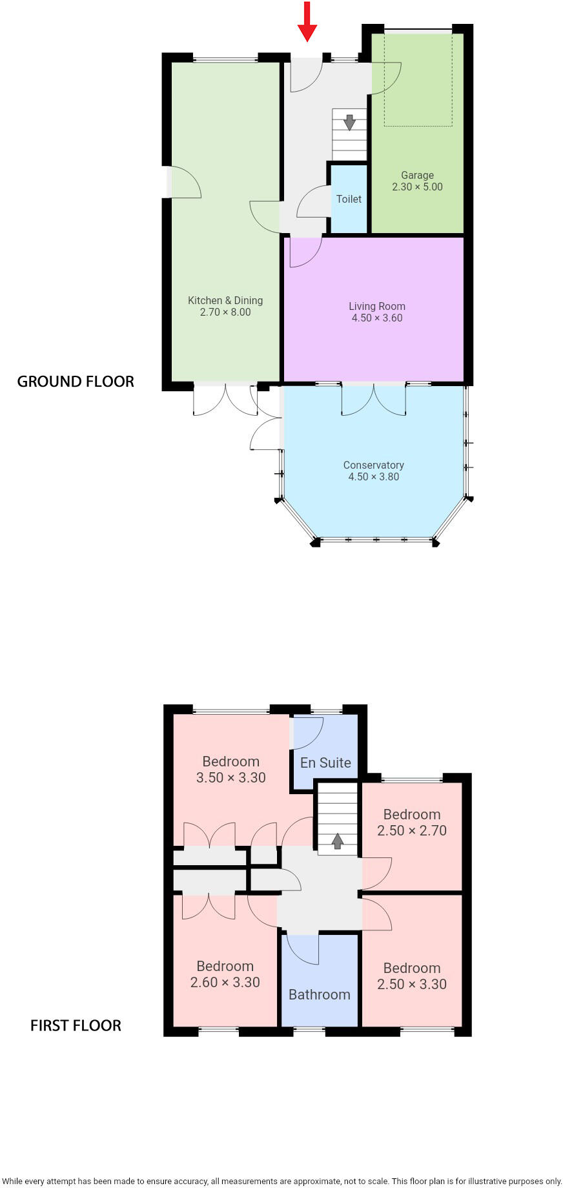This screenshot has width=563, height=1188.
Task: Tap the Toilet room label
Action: click(x=349, y=199)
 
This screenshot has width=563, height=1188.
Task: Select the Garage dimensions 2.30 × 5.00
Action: click(x=417, y=187)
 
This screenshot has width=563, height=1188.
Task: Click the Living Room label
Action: click(x=377, y=306)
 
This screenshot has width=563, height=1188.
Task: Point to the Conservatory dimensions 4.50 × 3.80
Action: click(x=373, y=477)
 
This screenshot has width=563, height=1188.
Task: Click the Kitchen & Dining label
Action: click(x=225, y=300)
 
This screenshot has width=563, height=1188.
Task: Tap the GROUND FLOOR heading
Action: click(x=76, y=382)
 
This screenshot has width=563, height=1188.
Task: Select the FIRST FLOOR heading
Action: click(x=76, y=1025)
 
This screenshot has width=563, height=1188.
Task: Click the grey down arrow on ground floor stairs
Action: click(x=349, y=122)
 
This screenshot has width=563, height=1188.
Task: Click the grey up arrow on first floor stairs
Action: click(x=337, y=841)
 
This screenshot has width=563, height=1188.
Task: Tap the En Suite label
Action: click(x=325, y=763)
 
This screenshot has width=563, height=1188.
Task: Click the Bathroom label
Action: click(x=319, y=994)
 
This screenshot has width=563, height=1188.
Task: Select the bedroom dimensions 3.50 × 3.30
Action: click(x=230, y=778)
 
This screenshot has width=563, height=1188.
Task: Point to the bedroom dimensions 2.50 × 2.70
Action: click(x=411, y=831)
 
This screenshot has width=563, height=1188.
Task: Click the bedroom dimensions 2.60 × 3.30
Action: click(x=225, y=983)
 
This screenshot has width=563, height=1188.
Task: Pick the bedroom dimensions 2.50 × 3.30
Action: click(x=411, y=985)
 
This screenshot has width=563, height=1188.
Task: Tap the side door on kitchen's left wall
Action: click(x=184, y=183)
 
